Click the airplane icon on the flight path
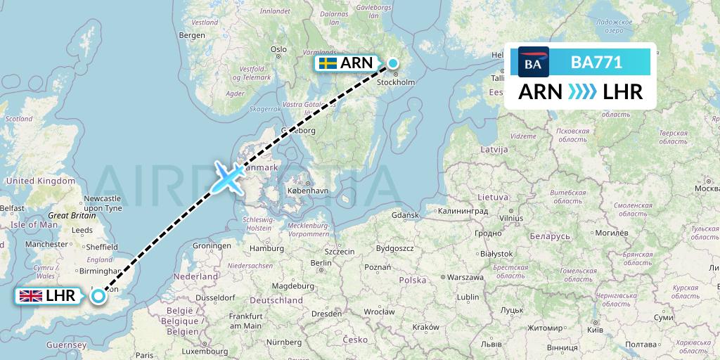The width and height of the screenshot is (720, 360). tap(228, 176)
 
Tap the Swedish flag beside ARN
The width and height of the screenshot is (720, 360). tap(327, 63)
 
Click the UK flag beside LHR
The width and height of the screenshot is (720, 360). tap(30, 296)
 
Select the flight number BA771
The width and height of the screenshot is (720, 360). tap(596, 62)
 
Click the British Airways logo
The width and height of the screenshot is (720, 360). tap(533, 62)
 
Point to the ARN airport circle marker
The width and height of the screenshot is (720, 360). tap(392, 64)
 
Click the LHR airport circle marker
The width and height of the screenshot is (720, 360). tap(98, 296)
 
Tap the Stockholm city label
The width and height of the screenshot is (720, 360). tap(397, 82)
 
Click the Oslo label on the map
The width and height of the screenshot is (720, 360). tap(279, 49)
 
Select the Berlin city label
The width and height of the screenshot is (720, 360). tap(321, 263)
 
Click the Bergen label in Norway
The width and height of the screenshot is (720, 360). tap(192, 34)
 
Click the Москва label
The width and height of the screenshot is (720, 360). tap(706, 188)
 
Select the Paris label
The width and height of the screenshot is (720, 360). tap(144, 355)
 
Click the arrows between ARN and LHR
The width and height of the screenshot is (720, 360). tap(580, 92)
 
